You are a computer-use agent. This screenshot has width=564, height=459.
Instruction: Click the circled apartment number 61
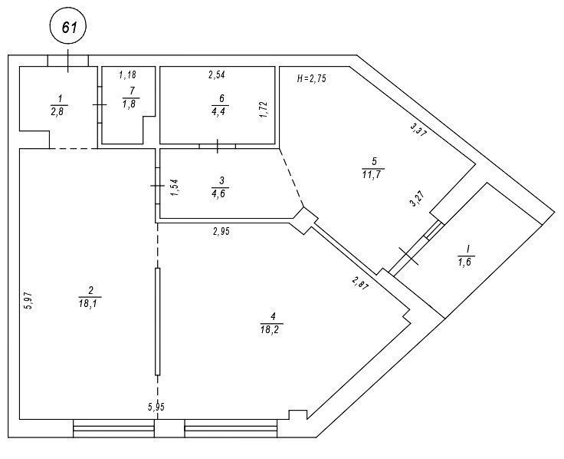(x=68, y=27)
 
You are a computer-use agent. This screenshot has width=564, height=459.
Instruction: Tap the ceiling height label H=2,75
(x=312, y=78)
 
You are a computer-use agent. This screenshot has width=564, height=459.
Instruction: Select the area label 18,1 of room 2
(x=90, y=304)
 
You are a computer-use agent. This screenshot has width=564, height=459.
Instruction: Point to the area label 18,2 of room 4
(x=271, y=329)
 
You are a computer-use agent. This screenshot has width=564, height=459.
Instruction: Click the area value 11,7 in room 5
(x=372, y=175)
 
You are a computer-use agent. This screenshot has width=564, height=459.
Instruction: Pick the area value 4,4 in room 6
(x=220, y=111)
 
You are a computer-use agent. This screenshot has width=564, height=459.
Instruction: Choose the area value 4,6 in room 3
(x=220, y=193)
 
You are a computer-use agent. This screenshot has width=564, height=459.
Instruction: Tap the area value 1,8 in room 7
(x=131, y=104)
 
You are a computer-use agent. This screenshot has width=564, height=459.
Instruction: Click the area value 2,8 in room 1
(x=59, y=111)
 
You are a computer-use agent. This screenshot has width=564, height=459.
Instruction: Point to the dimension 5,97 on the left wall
(x=29, y=301)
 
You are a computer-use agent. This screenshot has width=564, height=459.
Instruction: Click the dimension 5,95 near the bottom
(x=156, y=407)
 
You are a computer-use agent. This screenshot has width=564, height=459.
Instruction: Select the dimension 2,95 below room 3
(x=221, y=231)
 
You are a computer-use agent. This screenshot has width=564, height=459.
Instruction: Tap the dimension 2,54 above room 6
(x=217, y=75)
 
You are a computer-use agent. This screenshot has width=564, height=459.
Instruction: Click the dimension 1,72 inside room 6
(x=264, y=110)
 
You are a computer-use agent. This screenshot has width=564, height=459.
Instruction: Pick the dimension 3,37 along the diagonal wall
(x=418, y=130)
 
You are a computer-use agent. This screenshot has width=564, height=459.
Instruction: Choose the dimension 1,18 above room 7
(x=127, y=75)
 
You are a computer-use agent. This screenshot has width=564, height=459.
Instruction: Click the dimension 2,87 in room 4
(x=360, y=283)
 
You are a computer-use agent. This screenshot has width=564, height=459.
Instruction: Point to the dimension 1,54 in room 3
(x=175, y=187)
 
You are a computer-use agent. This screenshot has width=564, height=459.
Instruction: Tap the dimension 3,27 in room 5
(x=418, y=199)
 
